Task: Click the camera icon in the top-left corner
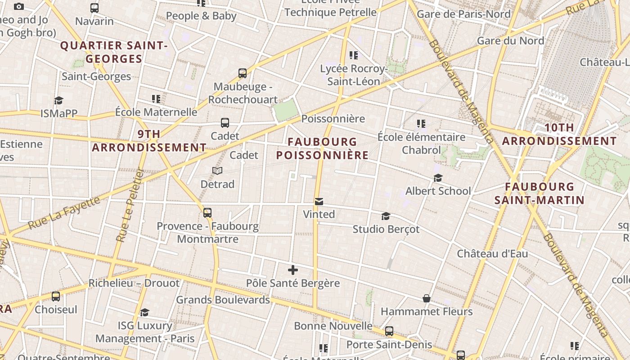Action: tap(19, 6)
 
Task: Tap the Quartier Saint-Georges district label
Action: tap(114, 52)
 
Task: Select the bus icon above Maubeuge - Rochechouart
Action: tap(243, 73)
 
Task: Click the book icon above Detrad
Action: tap(217, 171)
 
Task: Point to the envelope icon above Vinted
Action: tap(319, 201)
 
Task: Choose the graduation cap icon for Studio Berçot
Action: tap(386, 216)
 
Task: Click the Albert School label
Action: tap(438, 191)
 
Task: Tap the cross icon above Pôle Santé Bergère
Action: tap(293, 270)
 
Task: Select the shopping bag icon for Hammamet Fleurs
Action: tap(426, 298)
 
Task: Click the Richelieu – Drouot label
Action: tap(134, 283)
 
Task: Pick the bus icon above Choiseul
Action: tap(56, 297)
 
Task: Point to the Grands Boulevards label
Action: tap(223, 300)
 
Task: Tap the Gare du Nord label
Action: tap(510, 40)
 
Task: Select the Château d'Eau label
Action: tap(492, 253)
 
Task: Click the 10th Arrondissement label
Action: tap(559, 134)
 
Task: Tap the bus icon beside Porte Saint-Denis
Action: tap(389, 331)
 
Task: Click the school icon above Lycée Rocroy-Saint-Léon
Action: tap(354, 55)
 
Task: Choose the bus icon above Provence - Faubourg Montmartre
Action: tap(207, 212)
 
